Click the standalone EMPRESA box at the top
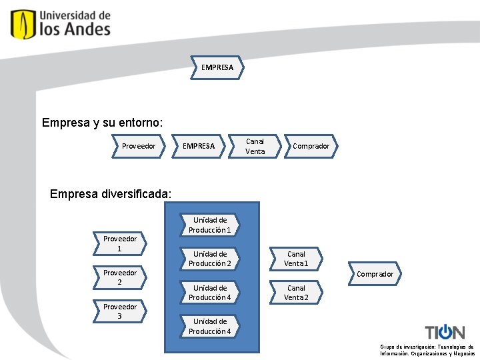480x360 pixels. [217, 67]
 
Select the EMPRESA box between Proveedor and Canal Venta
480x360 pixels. [199, 146]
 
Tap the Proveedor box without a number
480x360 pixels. [139, 146]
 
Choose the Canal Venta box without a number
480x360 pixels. [255, 146]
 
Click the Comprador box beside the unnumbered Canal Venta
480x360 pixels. [311, 146]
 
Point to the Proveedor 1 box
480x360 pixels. [120, 243]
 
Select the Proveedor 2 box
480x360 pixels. [120, 277]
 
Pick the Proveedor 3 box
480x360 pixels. [120, 311]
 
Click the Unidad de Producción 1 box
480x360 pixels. [209, 225]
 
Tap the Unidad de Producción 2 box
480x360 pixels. [209, 259]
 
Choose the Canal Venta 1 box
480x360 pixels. [296, 259]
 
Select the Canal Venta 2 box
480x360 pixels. [296, 293]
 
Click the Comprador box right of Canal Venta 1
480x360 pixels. [375, 274]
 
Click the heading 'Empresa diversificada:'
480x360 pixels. [111, 194]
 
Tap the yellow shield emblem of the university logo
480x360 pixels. [23, 23]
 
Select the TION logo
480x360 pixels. [445, 331]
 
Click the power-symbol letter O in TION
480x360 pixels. [445, 331]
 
